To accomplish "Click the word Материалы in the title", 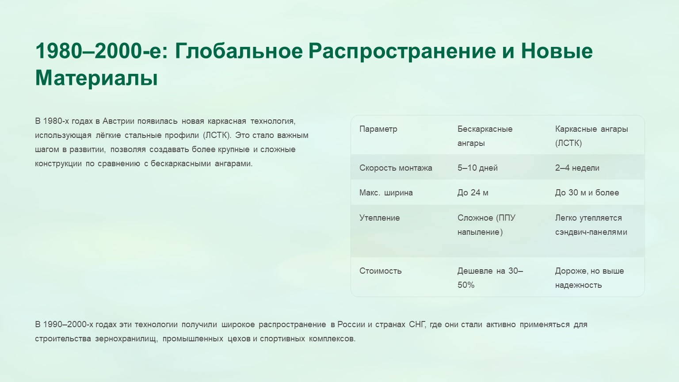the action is click(96, 78).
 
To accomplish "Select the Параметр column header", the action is click(378, 129).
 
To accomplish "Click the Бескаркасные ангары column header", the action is click(484, 136).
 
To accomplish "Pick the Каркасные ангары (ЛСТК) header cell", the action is click(591, 136).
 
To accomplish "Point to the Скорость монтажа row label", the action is click(396, 168).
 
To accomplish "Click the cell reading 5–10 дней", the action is click(477, 168).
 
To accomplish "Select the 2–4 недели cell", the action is click(577, 168).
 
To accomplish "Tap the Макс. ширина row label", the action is click(386, 193).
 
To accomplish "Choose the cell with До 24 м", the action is click(473, 193).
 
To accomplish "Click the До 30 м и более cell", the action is click(587, 193).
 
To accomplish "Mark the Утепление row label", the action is click(380, 218).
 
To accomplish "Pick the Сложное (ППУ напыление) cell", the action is click(486, 225).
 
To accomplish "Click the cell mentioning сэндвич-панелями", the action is click(591, 225).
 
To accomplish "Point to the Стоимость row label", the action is click(381, 271).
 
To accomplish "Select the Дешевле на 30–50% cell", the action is click(490, 278).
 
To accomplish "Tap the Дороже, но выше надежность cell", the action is click(589, 278).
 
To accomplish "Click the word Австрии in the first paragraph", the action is click(118, 121).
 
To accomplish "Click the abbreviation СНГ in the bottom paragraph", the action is click(417, 325).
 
